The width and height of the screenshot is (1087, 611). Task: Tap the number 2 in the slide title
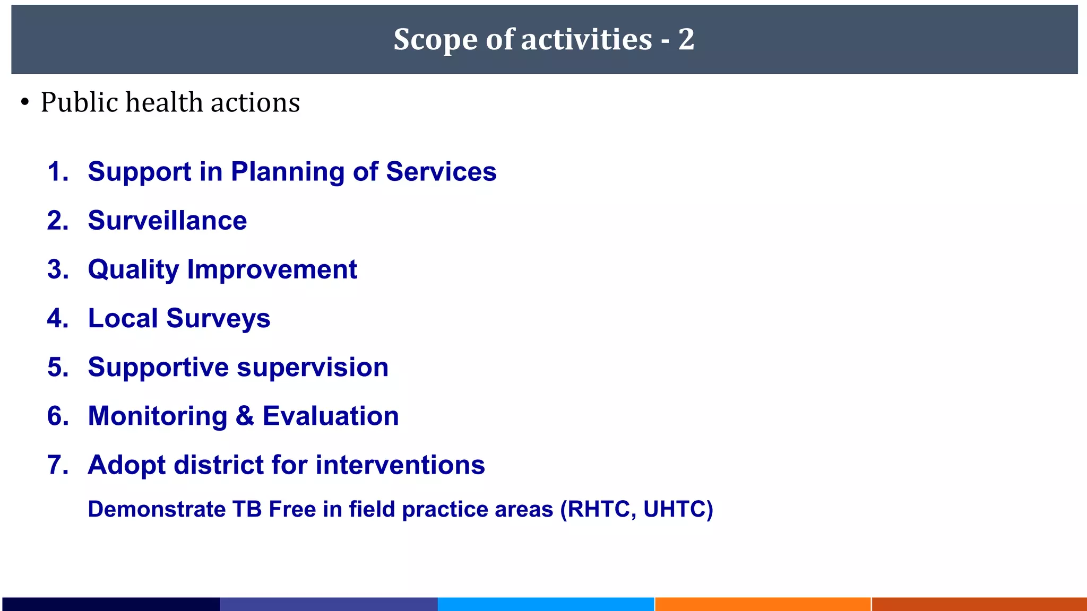[686, 40]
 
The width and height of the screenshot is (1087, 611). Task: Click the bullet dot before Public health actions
[25, 102]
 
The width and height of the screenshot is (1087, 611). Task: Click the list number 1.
[57, 172]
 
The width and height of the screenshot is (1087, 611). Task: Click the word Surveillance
[167, 221]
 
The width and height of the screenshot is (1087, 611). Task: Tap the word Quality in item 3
[133, 270]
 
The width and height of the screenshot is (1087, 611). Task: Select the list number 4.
[57, 318]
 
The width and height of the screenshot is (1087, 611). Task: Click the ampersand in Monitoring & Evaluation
[245, 416]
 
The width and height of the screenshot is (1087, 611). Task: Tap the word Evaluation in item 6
[331, 416]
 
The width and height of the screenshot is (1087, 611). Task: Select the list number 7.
[57, 465]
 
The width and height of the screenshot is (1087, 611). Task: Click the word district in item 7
[218, 465]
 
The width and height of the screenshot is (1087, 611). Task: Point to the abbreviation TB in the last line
[247, 509]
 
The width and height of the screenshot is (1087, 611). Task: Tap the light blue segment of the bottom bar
[546, 604]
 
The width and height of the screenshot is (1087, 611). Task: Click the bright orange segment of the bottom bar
[763, 604]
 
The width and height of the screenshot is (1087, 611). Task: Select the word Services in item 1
[441, 172]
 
